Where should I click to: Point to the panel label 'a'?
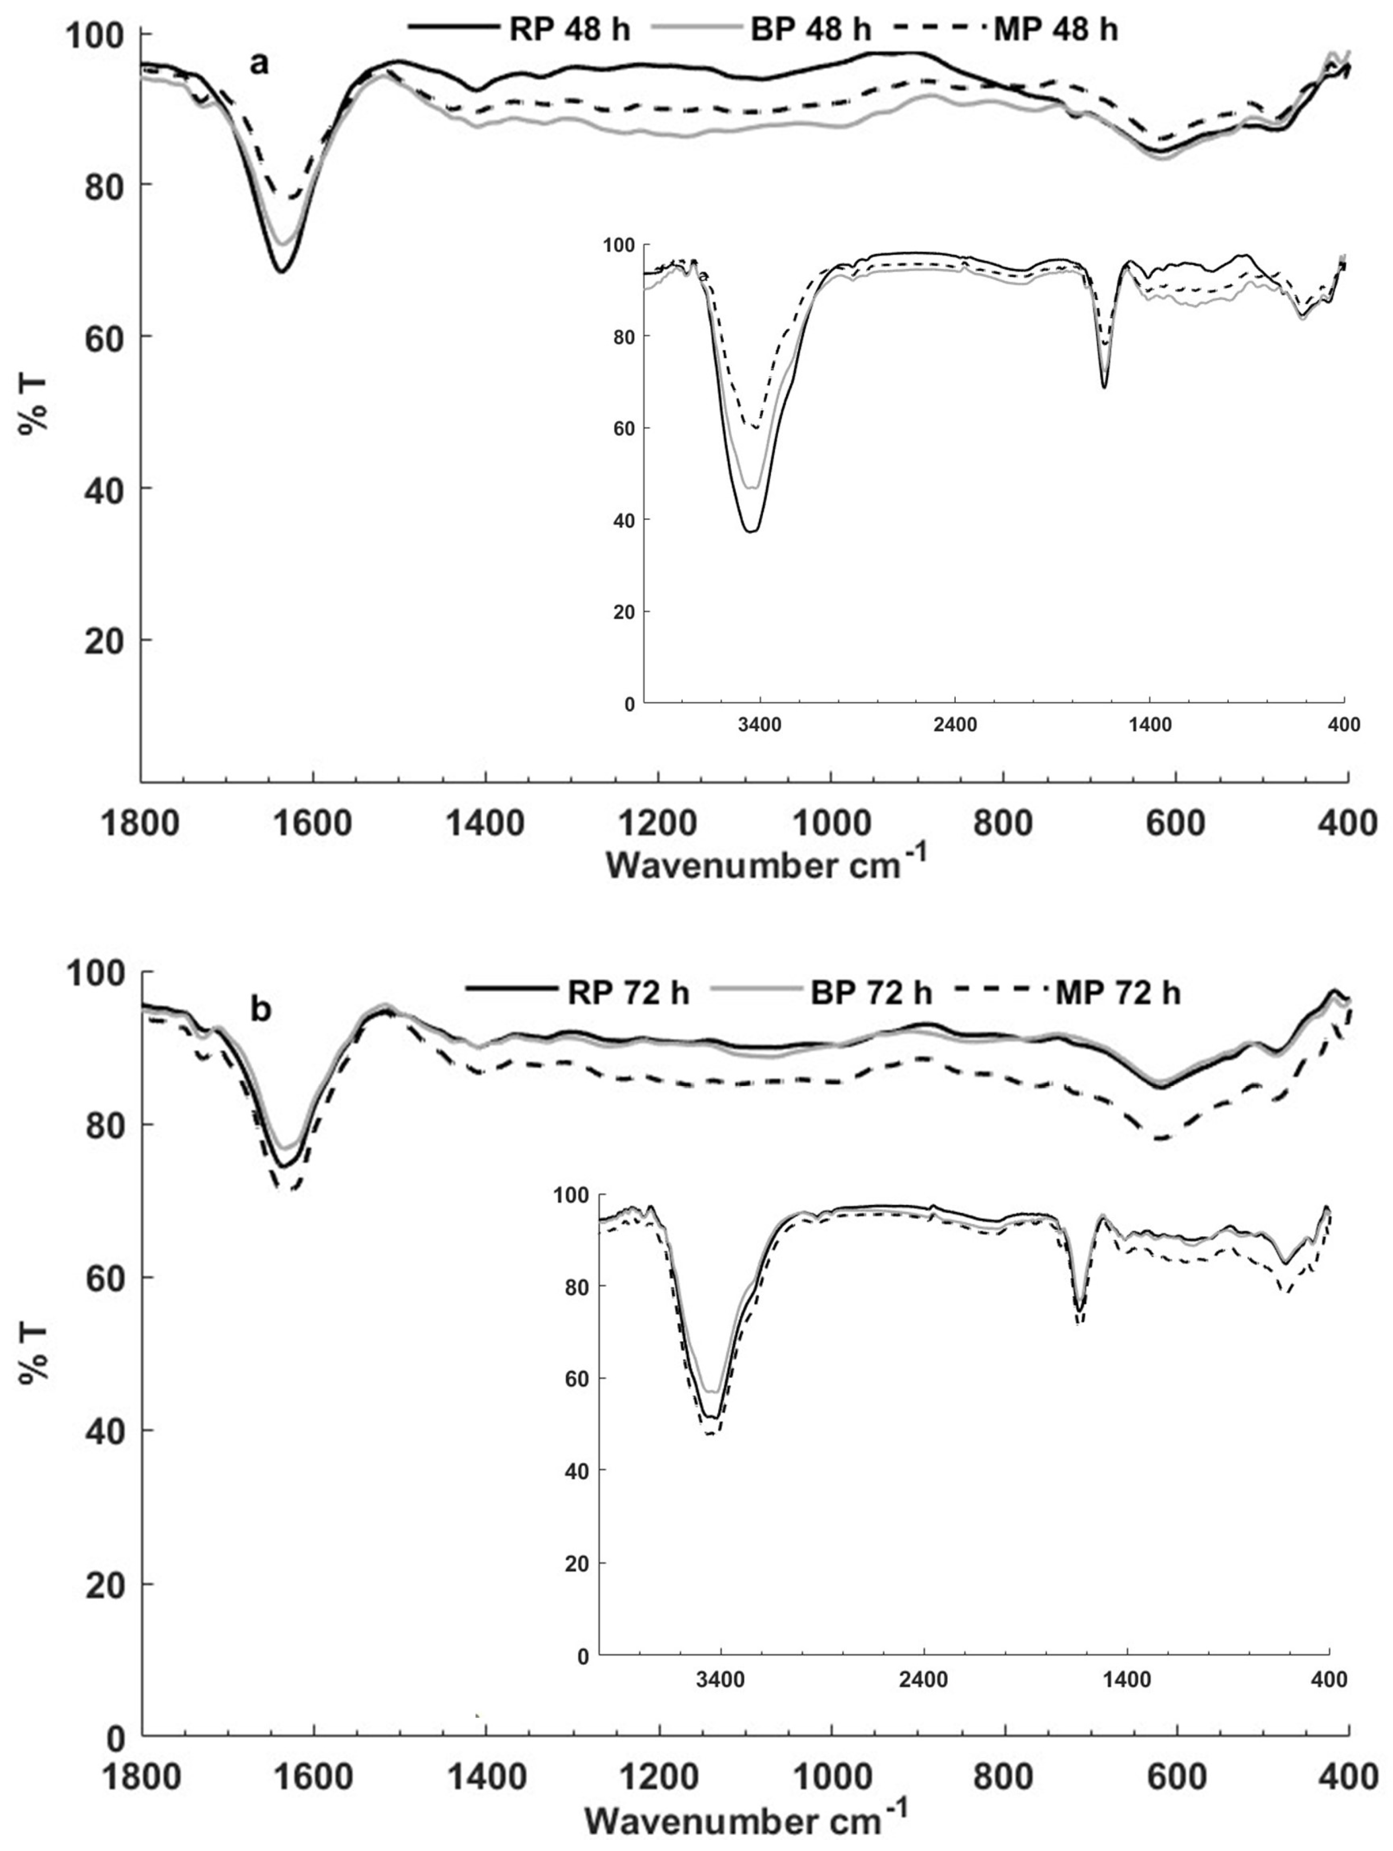[260, 63]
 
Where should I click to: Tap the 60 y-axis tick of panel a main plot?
[105, 336]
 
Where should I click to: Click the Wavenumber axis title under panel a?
[766, 865]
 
